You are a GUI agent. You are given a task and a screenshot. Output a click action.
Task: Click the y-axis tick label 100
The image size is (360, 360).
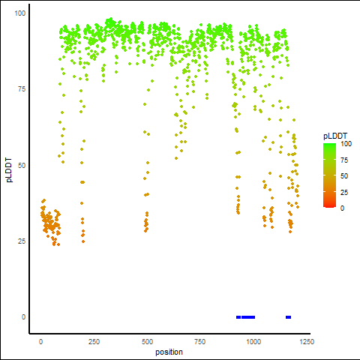[20, 13]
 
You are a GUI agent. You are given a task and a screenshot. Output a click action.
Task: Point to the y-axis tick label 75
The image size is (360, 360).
[22, 89]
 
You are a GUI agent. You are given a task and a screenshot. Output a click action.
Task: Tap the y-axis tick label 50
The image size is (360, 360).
[22, 166]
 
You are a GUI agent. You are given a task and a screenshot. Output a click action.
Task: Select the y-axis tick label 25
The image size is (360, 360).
[22, 241]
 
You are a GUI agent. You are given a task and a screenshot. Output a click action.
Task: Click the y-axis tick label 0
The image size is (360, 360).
[23, 317]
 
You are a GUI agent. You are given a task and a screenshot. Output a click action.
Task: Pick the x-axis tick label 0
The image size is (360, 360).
[40, 342]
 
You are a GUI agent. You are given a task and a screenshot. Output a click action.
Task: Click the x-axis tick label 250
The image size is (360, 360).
[94, 342]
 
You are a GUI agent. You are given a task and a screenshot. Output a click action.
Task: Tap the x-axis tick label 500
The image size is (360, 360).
[147, 342]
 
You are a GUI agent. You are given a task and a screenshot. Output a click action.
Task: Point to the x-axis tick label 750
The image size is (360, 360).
[200, 342]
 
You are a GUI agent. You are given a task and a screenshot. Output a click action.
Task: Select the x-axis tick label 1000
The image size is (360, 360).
[253, 342]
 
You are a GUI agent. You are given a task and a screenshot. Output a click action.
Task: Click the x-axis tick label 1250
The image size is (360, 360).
[307, 342]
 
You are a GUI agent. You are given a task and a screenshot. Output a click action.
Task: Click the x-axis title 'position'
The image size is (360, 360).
[169, 352]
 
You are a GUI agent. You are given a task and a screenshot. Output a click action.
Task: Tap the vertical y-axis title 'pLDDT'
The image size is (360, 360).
[9, 170]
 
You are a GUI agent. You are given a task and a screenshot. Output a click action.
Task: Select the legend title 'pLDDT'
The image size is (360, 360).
[335, 136]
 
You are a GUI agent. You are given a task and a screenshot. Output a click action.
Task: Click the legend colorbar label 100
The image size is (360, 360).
[346, 144]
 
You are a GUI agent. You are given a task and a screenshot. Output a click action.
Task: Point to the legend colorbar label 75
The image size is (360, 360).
[344, 160]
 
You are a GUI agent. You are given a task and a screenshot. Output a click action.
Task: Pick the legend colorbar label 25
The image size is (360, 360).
[344, 193]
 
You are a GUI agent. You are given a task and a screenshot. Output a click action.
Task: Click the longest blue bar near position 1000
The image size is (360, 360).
[248, 317]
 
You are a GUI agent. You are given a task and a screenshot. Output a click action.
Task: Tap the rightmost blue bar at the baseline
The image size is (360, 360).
[288, 317]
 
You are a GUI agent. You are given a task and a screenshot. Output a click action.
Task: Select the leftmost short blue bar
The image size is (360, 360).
[238, 317]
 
